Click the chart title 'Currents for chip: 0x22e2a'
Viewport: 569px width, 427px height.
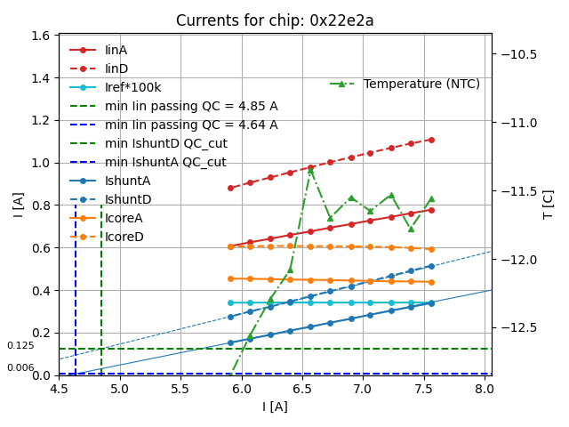tap(275, 20)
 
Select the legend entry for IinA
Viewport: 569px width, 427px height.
tap(116, 51)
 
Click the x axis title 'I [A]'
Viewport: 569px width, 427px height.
tap(275, 407)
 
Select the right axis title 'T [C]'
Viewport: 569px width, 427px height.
tap(548, 204)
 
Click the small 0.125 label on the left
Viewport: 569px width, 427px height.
tap(20, 346)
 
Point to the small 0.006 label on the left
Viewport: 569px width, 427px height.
tap(20, 367)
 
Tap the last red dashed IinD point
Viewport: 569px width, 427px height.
tap(431, 140)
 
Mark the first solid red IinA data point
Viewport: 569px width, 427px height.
tap(230, 246)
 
